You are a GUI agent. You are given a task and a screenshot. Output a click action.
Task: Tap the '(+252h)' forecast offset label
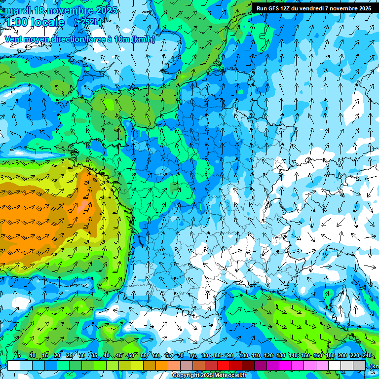[88, 22]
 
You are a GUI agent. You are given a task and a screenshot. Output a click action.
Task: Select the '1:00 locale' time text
[34, 22]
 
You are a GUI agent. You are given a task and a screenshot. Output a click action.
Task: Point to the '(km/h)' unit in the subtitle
[143, 39]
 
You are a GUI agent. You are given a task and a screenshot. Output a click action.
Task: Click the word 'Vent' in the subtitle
[14, 39]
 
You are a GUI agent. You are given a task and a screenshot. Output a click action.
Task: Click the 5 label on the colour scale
[19, 356]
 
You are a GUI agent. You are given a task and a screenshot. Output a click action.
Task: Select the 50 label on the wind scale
[131, 356]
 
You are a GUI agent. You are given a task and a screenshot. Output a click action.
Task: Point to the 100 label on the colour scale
[243, 356]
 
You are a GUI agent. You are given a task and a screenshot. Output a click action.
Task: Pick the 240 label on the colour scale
[367, 356]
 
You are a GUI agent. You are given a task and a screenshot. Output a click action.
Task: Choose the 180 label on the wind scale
[330, 356]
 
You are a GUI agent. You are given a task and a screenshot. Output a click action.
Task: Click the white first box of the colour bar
[14, 365]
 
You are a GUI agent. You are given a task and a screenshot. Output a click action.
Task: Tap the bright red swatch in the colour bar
[224, 365]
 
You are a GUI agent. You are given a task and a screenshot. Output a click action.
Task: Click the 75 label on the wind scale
[193, 356]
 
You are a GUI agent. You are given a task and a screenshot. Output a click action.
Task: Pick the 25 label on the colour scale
[70, 356]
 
